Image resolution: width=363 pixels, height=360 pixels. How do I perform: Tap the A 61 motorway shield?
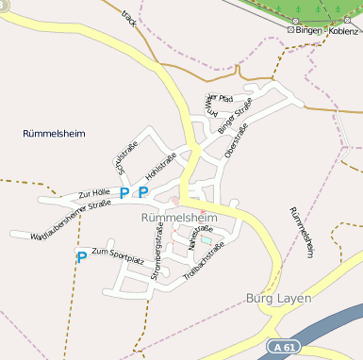pos(281,348)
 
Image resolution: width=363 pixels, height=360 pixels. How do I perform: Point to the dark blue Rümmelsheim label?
pos(54,134)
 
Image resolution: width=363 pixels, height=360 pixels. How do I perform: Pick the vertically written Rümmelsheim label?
pos(301,232)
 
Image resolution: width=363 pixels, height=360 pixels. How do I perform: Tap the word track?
pos(129,18)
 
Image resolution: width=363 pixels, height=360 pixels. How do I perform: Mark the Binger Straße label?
pos(235,115)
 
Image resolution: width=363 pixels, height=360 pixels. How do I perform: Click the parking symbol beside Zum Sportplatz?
pos(82,256)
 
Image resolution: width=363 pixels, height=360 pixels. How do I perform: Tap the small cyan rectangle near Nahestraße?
pos(206,240)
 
